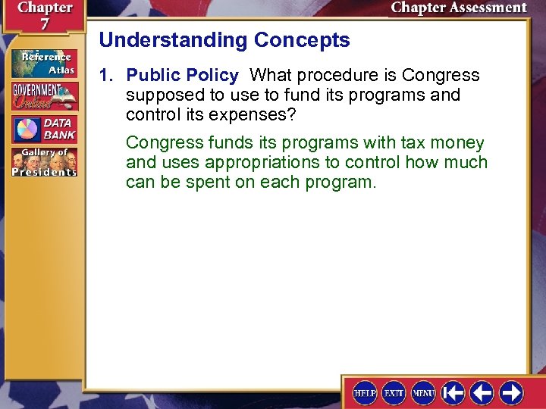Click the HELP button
pyautogui.click(x=366, y=392)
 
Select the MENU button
pyautogui.click(x=423, y=392)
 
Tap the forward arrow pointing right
pyautogui.click(x=512, y=392)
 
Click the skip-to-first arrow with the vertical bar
pyautogui.click(x=453, y=392)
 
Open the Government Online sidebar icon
pyautogui.click(x=44, y=96)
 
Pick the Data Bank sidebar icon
pyautogui.click(x=44, y=128)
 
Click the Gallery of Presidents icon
pyautogui.click(x=44, y=162)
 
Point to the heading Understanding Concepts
pyautogui.click(x=224, y=40)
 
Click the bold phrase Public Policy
pyautogui.click(x=182, y=76)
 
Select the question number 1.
pyautogui.click(x=107, y=76)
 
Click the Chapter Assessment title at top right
pyautogui.click(x=459, y=8)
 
